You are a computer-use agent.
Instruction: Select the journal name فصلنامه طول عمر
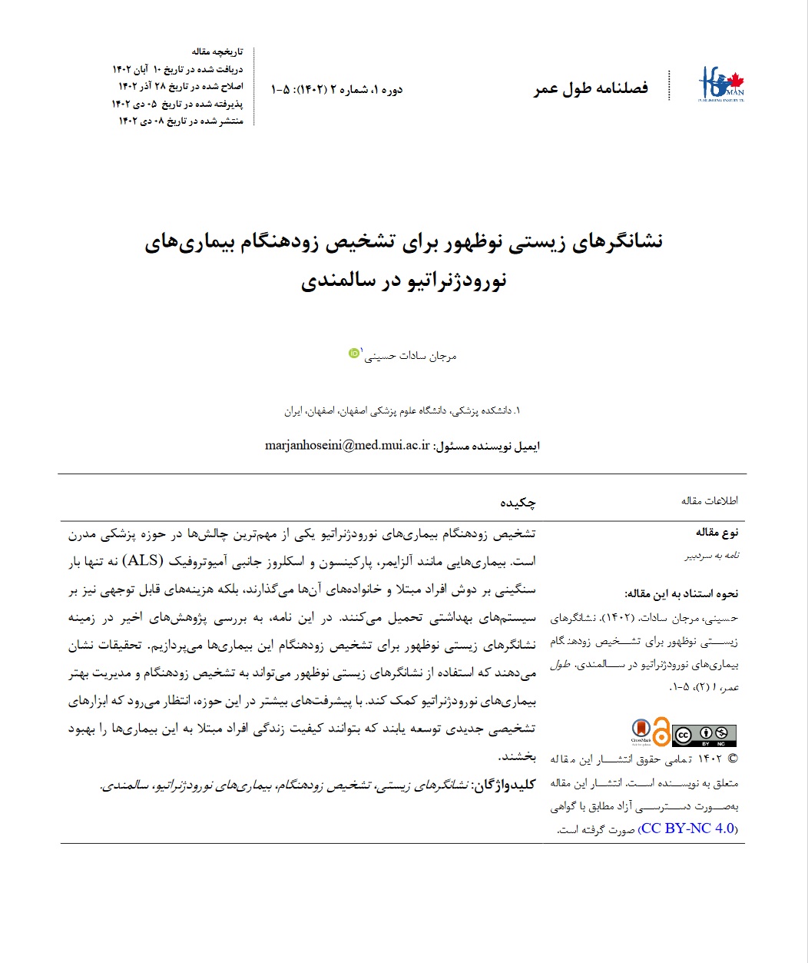pos(591,88)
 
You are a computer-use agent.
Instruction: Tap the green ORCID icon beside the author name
pos(353,353)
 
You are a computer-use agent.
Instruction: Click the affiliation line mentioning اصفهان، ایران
pos(402,411)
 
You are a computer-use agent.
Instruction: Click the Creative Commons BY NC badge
pos(704,735)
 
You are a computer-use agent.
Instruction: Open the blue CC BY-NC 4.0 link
pos(687,829)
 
